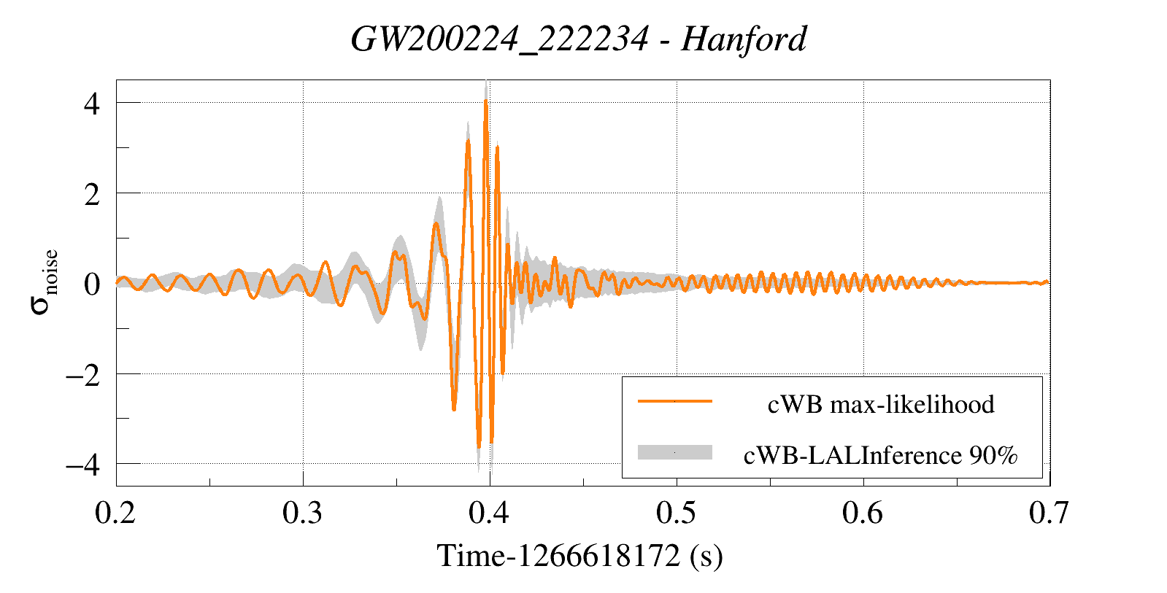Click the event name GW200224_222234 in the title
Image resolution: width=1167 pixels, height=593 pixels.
pyautogui.click(x=499, y=39)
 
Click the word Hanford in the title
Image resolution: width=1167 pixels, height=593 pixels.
pyautogui.click(x=744, y=39)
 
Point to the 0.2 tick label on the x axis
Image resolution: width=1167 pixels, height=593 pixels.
pyautogui.click(x=115, y=513)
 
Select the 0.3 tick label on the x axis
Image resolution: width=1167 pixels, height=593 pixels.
pyautogui.click(x=303, y=513)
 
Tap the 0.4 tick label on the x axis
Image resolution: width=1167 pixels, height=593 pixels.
pyautogui.click(x=489, y=513)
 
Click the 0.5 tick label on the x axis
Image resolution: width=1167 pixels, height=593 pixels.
pyautogui.click(x=676, y=513)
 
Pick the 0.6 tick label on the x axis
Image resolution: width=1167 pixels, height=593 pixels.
pyautogui.click(x=863, y=513)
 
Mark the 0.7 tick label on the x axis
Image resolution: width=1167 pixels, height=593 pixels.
pyautogui.click(x=1049, y=513)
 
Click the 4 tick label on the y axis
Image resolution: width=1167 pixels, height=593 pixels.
pyautogui.click(x=91, y=104)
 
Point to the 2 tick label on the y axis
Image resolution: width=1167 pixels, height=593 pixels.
pyautogui.click(x=91, y=194)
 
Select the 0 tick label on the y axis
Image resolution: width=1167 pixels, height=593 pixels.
pyautogui.click(x=91, y=284)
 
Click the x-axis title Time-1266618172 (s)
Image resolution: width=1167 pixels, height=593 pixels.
pyautogui.click(x=579, y=556)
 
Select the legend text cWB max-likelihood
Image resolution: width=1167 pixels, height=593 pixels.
pyautogui.click(x=881, y=404)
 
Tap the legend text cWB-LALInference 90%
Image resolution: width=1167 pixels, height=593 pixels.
pyautogui.click(x=880, y=455)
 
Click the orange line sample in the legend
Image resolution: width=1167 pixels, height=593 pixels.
pyautogui.click(x=674, y=401)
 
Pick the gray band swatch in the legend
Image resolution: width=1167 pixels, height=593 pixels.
pyautogui.click(x=674, y=452)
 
